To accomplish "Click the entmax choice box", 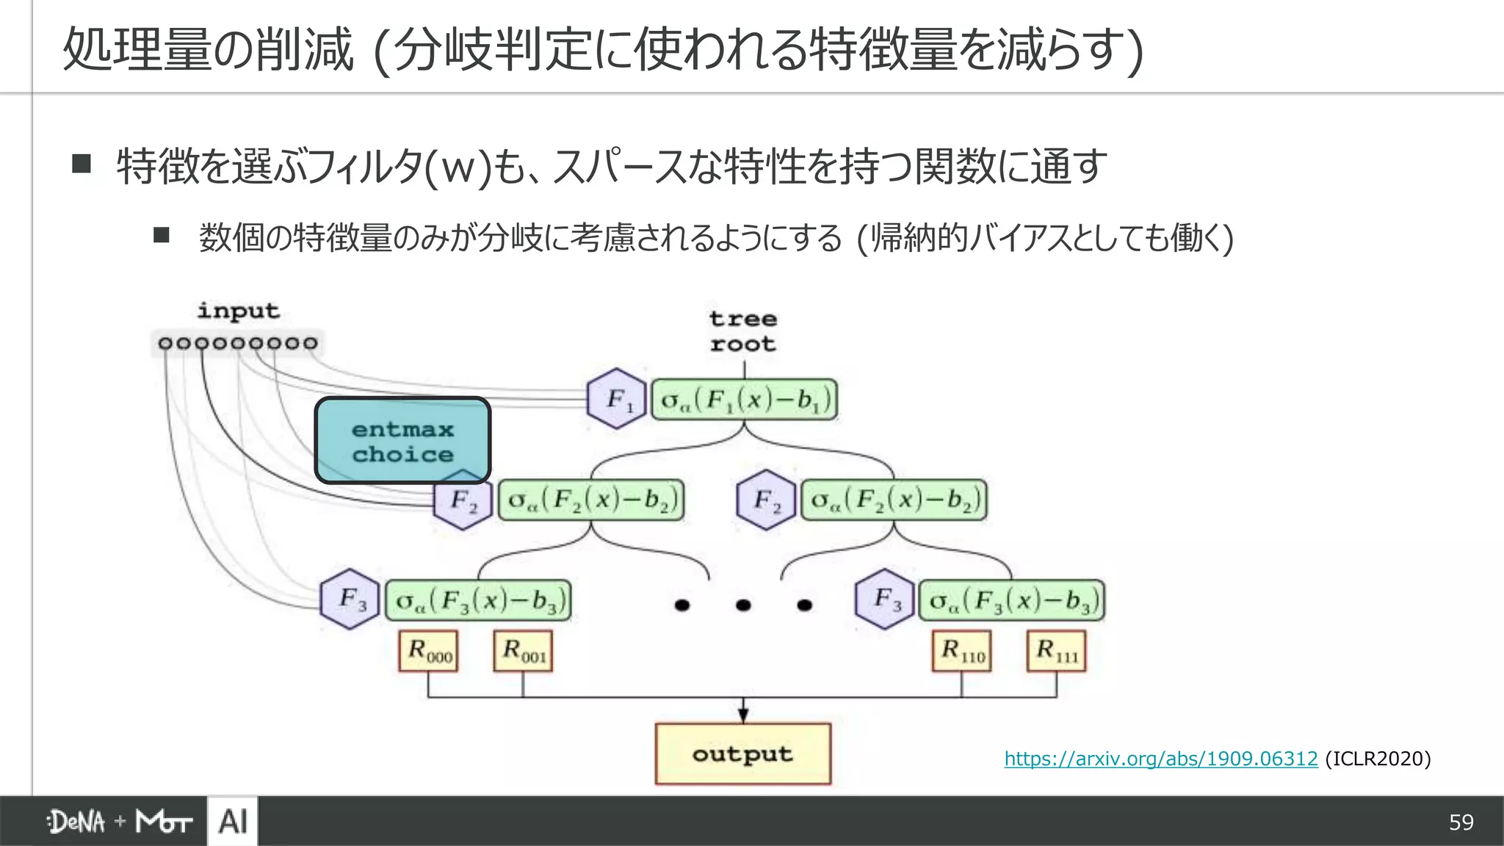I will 402,441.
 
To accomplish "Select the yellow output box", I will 742,754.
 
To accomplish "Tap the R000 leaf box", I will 429,651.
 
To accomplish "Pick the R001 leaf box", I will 523,651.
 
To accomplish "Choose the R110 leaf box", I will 961,651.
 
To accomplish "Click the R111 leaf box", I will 1056,651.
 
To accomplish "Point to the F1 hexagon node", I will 617,399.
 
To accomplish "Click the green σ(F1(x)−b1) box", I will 745,399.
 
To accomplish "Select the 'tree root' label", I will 742,331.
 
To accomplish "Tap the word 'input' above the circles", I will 238,311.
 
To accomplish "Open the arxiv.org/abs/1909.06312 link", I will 1161,759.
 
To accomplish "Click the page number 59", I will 1461,822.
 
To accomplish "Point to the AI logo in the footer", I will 233,821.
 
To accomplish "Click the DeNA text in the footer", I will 76,822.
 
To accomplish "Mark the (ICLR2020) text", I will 1378,759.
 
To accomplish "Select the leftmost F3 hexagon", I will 350,599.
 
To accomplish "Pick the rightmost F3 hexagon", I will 885,599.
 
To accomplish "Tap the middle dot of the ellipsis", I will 743,605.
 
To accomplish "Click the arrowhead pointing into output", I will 743,714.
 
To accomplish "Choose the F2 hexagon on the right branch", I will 766,500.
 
